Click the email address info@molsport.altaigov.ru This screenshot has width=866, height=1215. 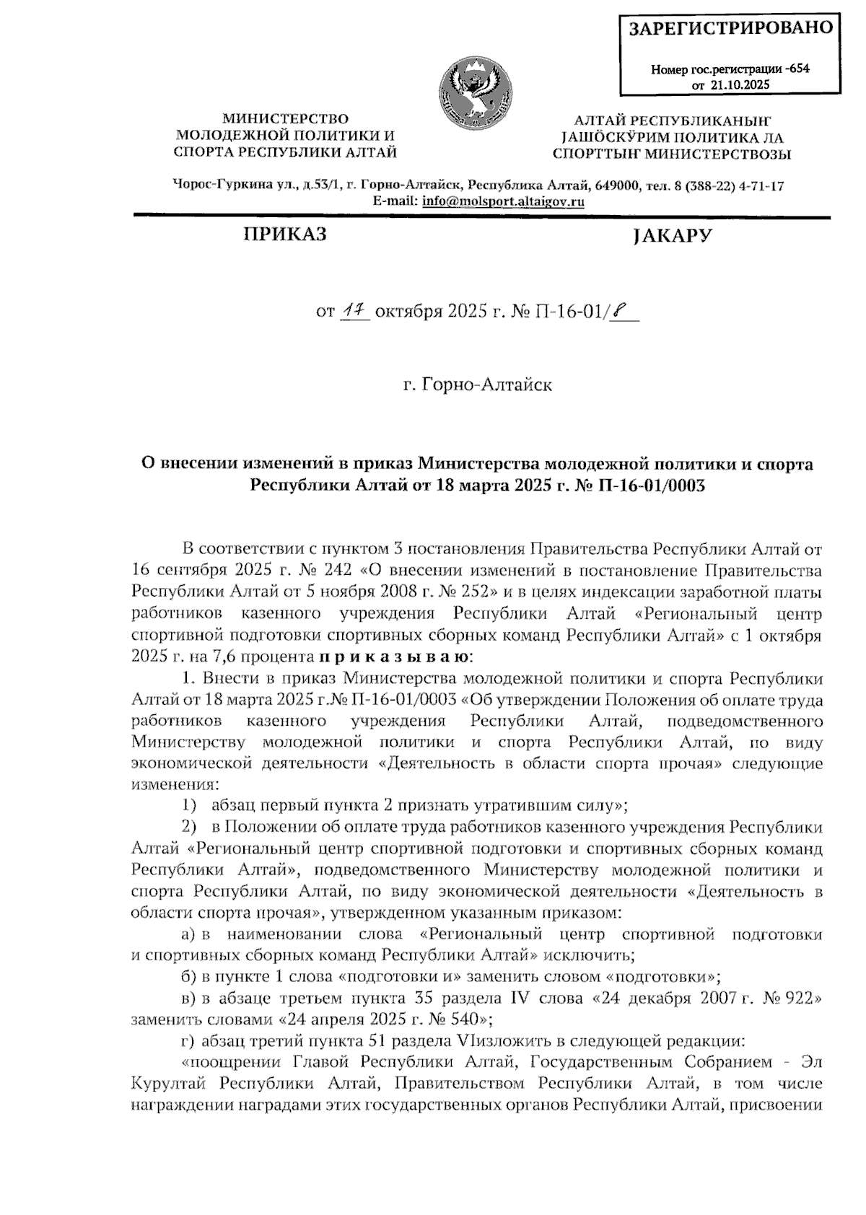point(503,202)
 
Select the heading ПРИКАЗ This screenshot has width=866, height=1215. point(284,235)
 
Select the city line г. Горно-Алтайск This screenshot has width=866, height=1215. point(477,385)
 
